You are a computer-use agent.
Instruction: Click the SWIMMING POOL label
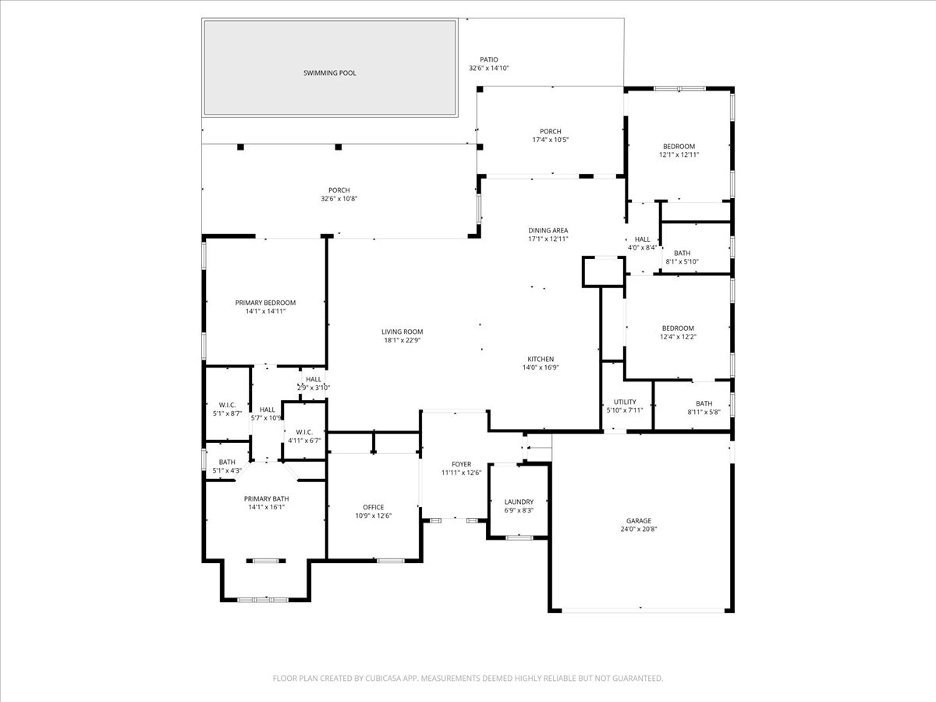point(330,73)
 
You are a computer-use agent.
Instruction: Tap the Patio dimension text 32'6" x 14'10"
point(489,68)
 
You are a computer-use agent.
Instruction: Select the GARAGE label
point(639,521)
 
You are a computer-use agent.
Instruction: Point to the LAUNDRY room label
point(519,502)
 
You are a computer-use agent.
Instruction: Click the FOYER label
point(462,464)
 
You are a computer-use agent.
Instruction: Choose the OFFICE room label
point(374,507)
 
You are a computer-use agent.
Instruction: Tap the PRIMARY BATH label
point(267,498)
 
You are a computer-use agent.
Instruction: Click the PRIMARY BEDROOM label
point(265,303)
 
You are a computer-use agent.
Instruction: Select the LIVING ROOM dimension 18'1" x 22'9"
point(402,340)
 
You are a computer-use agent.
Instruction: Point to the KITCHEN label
point(541,360)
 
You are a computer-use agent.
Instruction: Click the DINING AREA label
point(548,231)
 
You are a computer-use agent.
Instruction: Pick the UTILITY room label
point(625,402)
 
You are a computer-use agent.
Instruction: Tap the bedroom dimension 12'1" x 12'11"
point(679,154)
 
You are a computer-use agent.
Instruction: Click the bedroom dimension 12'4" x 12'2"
point(678,337)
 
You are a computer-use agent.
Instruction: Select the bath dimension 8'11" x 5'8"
point(704,412)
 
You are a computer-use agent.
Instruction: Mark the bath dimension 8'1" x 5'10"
point(682,262)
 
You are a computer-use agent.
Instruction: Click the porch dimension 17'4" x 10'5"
point(551,140)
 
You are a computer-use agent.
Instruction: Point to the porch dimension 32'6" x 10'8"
point(339,199)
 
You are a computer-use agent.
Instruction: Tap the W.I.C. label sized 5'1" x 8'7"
point(227,405)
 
